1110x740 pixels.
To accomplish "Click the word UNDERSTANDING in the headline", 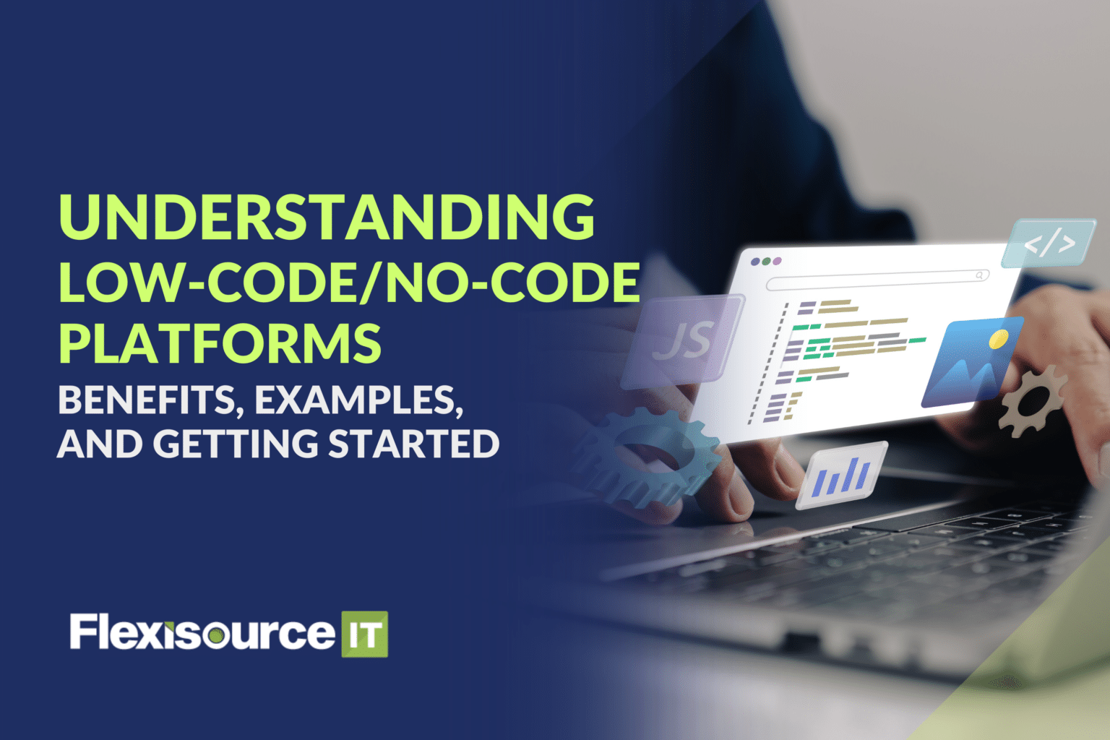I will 327,217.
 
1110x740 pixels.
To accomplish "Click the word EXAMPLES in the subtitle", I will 358,400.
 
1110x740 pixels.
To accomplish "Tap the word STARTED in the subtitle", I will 413,444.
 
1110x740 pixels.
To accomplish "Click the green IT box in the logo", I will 364,634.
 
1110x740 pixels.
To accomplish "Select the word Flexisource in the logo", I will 202,633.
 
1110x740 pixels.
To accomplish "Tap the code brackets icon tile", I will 1049,244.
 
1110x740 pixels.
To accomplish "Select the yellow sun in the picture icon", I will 998,339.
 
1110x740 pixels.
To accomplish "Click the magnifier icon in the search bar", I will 980,275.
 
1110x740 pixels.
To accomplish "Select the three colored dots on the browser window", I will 766,261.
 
